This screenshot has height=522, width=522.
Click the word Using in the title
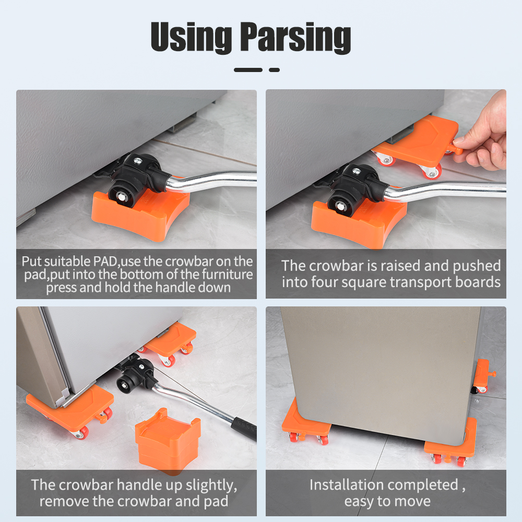[x=192, y=37]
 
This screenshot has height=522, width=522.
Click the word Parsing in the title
[x=295, y=37]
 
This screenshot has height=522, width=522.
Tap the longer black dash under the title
[x=248, y=70]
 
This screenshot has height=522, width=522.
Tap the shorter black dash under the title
[x=275, y=70]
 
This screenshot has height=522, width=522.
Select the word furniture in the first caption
[x=228, y=275]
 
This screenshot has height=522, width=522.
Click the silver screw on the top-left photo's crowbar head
[x=137, y=161]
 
